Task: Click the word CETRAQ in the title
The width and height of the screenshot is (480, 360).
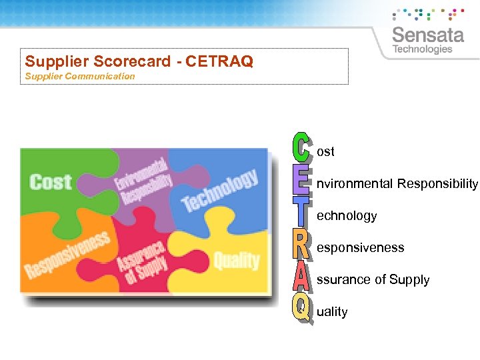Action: (219, 61)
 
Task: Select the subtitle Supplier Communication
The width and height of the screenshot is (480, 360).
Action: (80, 76)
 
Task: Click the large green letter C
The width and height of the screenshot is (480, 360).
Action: (301, 148)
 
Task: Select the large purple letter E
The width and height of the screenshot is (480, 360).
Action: (301, 181)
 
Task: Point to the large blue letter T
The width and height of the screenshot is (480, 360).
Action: (301, 213)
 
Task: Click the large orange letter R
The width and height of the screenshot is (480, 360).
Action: (301, 245)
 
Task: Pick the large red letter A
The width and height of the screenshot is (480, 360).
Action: (301, 277)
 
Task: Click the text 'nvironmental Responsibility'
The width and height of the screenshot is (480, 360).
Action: (397, 183)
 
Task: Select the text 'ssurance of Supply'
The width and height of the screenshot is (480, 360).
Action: (373, 280)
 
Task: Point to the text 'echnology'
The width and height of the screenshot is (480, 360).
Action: (347, 216)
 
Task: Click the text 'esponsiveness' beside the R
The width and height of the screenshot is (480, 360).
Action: (360, 247)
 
